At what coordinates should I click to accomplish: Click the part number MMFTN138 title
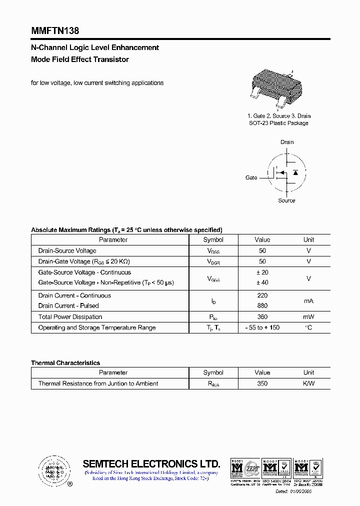[x=55, y=30]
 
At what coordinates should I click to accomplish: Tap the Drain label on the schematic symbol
[x=287, y=142]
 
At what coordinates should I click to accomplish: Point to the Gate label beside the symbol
[x=251, y=177]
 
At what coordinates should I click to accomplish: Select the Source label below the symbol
[x=286, y=200]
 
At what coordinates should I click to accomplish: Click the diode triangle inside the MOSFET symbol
[x=295, y=172]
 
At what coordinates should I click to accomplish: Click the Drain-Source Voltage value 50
[x=262, y=250]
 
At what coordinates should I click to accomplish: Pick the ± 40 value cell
[x=262, y=283]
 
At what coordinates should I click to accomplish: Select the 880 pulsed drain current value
[x=262, y=305]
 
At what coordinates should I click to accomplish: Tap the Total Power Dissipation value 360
[x=262, y=316]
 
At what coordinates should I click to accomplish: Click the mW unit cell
[x=308, y=316]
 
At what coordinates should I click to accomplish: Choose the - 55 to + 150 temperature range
[x=262, y=327]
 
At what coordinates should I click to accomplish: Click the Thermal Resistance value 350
[x=262, y=383]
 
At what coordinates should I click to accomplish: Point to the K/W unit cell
[x=308, y=383]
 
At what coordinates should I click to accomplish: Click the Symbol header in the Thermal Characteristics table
[x=213, y=372]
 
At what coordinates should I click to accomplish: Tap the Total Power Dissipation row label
[x=70, y=316]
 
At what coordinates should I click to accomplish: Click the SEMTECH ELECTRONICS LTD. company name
[x=151, y=463]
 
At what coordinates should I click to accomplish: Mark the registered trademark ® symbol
[x=69, y=484]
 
